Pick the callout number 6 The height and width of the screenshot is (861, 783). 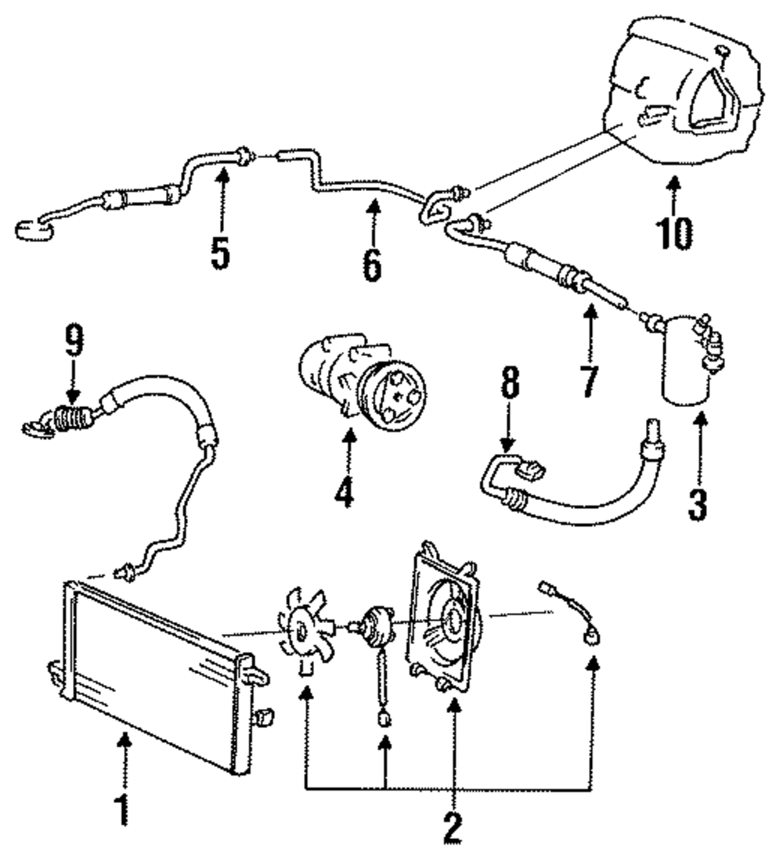(372, 264)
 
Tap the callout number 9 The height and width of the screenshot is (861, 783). (72, 340)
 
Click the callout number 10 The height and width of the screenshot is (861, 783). (673, 232)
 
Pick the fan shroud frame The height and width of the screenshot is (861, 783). (442, 618)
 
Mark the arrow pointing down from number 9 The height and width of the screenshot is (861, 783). (72, 384)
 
